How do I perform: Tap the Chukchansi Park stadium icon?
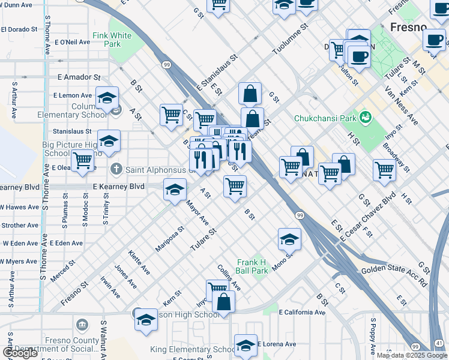[x=364, y=116]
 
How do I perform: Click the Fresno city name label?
[x=408, y=27]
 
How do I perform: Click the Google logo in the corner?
[x=20, y=353]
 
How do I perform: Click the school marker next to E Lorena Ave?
[x=246, y=345]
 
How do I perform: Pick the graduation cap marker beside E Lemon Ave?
[x=107, y=98]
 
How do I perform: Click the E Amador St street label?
[x=79, y=77]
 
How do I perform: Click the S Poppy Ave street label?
[x=372, y=339]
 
